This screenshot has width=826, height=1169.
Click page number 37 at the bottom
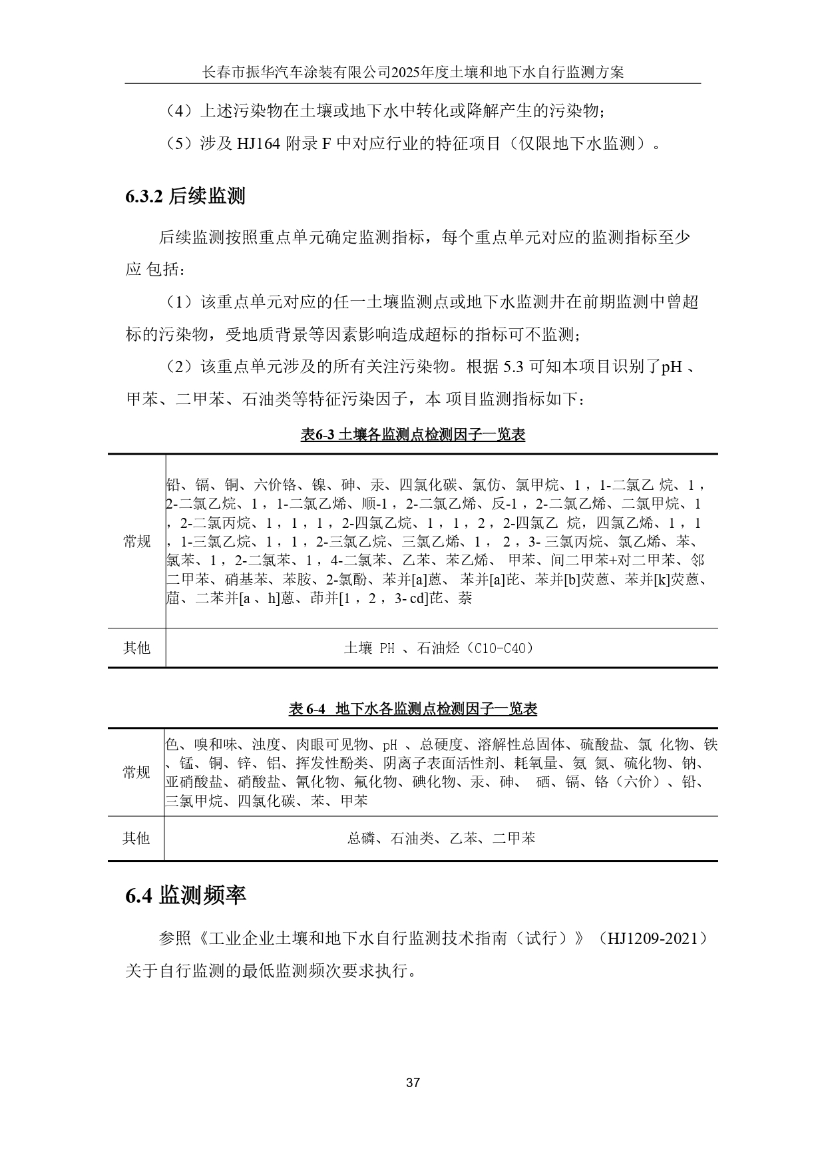pos(413,1082)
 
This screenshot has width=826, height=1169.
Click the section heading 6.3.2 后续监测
pos(185,196)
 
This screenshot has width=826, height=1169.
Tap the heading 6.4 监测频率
pos(186,895)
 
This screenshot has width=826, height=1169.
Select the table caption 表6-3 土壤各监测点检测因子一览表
pos(413,435)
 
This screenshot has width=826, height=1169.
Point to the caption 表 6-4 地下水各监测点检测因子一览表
pos(413,709)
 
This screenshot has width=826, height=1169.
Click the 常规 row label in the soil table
pos(137,541)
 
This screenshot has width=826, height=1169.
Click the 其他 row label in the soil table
pos(137,648)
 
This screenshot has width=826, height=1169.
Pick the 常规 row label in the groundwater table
pos(136,772)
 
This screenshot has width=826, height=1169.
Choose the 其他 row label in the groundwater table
pos(136,838)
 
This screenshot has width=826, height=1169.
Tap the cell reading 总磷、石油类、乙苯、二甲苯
pos(441,838)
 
